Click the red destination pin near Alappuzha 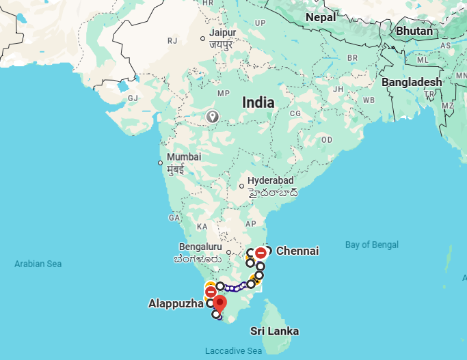coord(219,303)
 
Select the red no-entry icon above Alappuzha coord(211,292)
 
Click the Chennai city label coord(297,251)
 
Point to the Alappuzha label coord(176,303)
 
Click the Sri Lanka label coord(274,331)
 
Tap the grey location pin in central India coord(213,117)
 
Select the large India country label coord(258,103)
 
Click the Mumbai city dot coord(160,163)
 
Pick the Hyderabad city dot coord(241,185)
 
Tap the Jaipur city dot coord(202,38)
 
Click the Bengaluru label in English coord(200,247)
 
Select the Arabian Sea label coord(38,263)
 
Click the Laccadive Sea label coord(233,351)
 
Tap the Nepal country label coord(321,17)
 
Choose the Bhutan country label coord(414,31)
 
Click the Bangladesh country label coord(412,82)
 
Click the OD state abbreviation coord(327,139)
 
